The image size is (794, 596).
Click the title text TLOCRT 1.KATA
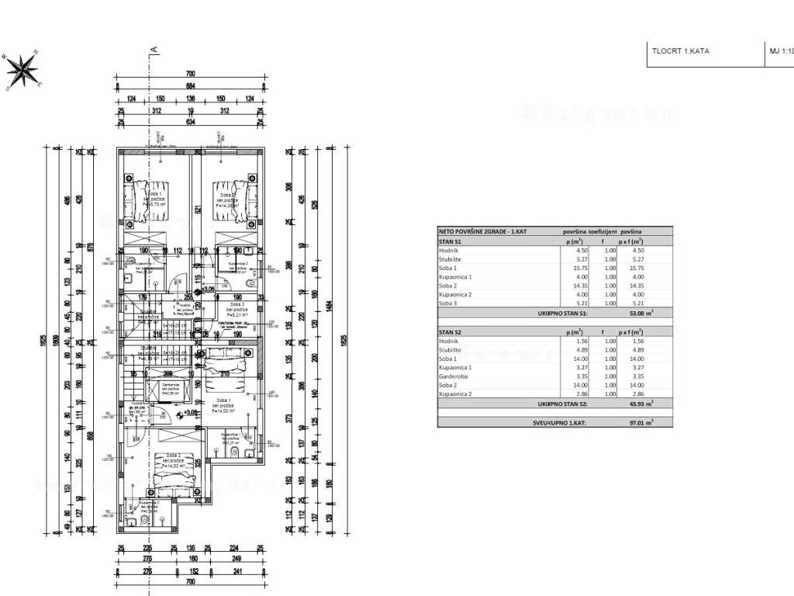click(x=680, y=51)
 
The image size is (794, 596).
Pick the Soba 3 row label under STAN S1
click(x=449, y=304)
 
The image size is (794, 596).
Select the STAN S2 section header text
click(x=451, y=331)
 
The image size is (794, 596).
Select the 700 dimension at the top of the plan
click(x=190, y=74)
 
